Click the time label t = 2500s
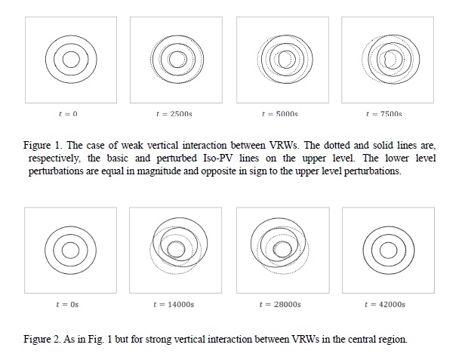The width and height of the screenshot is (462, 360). [x=174, y=114]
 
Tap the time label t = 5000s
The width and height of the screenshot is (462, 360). [x=280, y=114]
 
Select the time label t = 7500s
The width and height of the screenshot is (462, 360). [x=384, y=114]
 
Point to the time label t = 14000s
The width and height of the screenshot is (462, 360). [x=174, y=304]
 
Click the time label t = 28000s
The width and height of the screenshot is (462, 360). [x=280, y=304]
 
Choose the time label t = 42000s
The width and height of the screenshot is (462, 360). [x=385, y=304]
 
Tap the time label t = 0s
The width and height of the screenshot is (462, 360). [x=67, y=304]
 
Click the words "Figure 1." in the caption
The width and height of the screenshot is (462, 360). [x=43, y=145]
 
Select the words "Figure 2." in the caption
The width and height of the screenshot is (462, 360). [x=43, y=339]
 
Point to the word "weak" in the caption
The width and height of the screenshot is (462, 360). [x=132, y=145]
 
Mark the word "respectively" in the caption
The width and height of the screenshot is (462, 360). [x=54, y=158]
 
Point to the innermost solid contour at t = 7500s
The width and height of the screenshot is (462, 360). [x=402, y=59]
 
